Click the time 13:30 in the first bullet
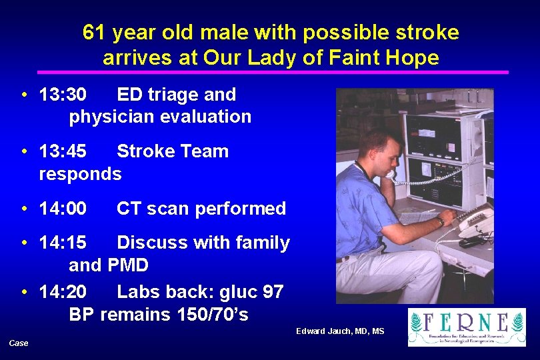tap(63, 95)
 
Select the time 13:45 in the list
tap(63, 151)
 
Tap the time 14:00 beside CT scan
tap(63, 209)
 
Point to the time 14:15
tap(63, 243)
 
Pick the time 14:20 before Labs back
tap(63, 292)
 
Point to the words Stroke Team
tap(173, 151)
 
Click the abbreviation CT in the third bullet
tap(129, 209)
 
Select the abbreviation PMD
tap(127, 265)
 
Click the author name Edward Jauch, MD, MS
tap(341, 331)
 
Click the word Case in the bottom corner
tap(19, 343)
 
